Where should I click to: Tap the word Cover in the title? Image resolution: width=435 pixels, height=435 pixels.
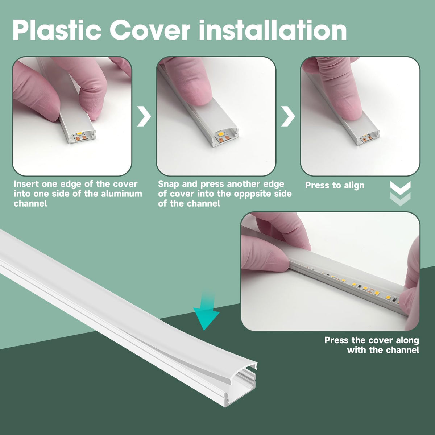[x=150, y=30]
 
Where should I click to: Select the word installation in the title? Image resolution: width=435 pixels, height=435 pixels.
[x=273, y=30]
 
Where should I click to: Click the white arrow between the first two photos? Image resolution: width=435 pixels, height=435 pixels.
[x=144, y=117]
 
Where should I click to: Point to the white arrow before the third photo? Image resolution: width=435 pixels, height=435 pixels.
[x=288, y=117]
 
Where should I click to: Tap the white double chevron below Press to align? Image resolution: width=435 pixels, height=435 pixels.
[x=400, y=194]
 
